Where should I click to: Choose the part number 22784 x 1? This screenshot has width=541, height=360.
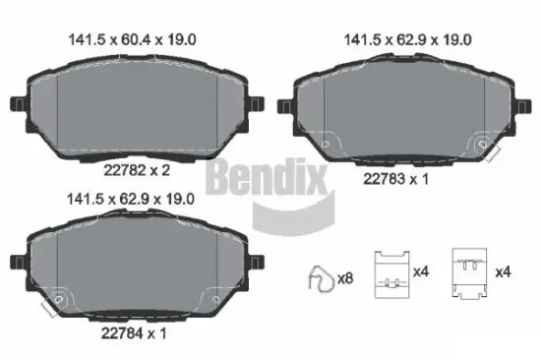[133, 333]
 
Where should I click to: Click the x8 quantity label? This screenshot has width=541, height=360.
[344, 279]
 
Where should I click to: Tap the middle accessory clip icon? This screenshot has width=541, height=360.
[393, 271]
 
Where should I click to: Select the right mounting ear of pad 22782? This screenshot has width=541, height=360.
[258, 103]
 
